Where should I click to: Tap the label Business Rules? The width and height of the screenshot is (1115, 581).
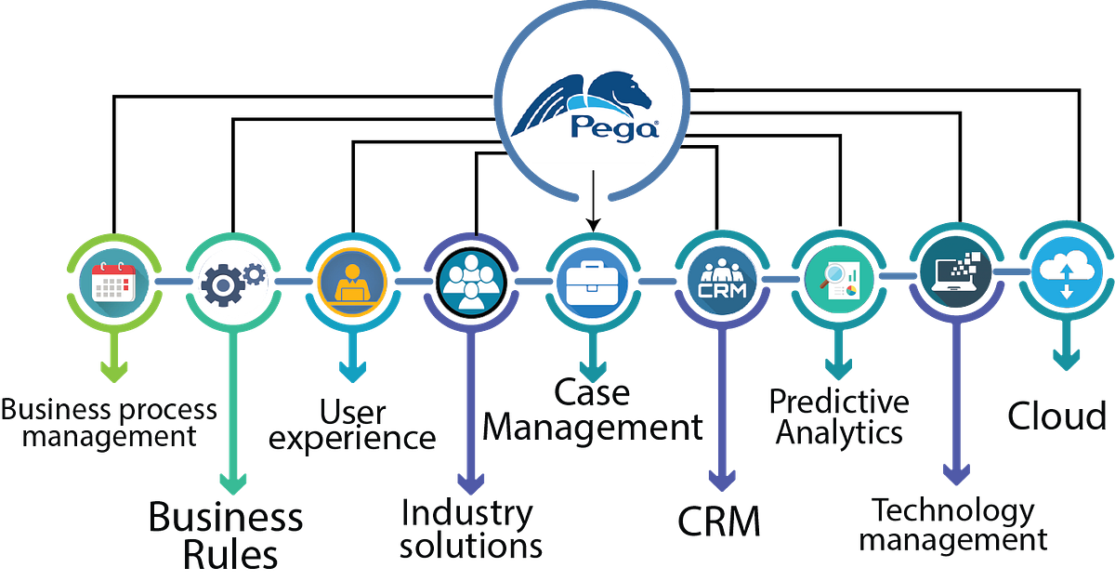pyautogui.click(x=229, y=535)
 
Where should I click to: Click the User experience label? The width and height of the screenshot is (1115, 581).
pyautogui.click(x=351, y=424)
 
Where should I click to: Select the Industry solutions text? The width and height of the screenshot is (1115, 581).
pyautogui.click(x=471, y=528)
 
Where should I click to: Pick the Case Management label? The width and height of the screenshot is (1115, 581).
pyautogui.click(x=593, y=412)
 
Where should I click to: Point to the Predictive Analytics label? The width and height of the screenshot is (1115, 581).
pyautogui.click(x=839, y=417)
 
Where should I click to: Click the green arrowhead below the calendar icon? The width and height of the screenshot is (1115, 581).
pyautogui.click(x=114, y=372)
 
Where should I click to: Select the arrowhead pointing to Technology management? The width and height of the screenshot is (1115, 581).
pyautogui.click(x=956, y=473)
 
